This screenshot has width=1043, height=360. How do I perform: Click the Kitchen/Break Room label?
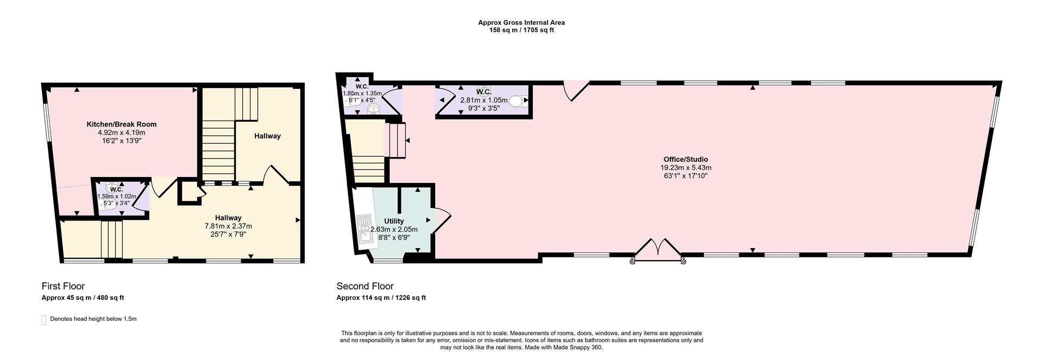(122, 124)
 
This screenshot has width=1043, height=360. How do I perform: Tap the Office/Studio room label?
(686, 160)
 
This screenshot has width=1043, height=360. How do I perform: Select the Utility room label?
(394, 221)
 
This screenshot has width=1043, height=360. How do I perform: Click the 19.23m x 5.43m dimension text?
(686, 168)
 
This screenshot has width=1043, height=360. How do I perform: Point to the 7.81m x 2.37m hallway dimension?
(228, 226)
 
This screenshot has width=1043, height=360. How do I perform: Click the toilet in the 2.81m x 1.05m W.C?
(517, 100)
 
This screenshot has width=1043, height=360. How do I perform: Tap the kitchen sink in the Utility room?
(363, 228)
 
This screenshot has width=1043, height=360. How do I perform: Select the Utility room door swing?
(441, 219)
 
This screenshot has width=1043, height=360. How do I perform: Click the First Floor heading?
(63, 286)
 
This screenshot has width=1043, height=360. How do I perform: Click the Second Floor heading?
(365, 286)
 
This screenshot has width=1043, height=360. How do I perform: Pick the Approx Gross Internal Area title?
(521, 22)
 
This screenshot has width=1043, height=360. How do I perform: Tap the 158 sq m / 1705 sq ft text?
(521, 30)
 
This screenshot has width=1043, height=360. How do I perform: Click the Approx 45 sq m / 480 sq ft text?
(83, 298)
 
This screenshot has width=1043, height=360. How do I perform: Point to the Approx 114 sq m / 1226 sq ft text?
(381, 298)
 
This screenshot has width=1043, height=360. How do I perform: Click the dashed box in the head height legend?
(44, 320)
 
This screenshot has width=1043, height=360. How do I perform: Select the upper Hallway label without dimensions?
(267, 136)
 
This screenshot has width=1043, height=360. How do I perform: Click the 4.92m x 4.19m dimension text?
(122, 132)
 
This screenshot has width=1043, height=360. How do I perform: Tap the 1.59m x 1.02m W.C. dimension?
(116, 197)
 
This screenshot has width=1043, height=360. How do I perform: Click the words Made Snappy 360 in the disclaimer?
(580, 348)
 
